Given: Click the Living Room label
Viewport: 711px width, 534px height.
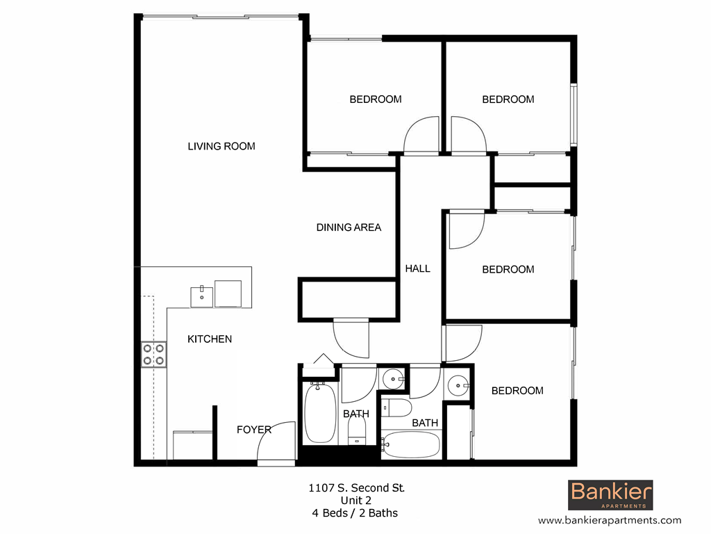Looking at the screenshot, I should [221, 146].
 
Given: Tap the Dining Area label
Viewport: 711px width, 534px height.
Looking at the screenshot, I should [349, 227].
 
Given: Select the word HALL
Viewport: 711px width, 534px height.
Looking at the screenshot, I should [418, 268].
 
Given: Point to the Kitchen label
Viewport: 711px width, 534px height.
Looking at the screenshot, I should [210, 339].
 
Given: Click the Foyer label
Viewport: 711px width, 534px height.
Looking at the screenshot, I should [253, 430].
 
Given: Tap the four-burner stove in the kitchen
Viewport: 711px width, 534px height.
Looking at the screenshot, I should [153, 354].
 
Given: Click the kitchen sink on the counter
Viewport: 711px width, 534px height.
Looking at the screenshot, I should [202, 294].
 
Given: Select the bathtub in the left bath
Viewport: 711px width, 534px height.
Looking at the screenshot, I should [320, 414].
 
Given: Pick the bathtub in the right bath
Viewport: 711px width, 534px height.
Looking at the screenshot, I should [410, 444].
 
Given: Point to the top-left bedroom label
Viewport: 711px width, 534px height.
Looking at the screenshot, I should [375, 99].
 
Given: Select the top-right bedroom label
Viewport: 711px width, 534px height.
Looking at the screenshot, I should [508, 99].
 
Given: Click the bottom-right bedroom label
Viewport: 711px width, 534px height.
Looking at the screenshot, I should [517, 391].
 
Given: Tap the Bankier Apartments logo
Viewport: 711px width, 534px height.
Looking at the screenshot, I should [611, 495].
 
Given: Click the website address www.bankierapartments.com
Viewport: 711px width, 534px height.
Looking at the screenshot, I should [610, 520].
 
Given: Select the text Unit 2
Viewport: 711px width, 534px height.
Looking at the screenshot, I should [355, 501].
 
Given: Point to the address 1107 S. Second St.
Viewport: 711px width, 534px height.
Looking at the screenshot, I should [355, 488].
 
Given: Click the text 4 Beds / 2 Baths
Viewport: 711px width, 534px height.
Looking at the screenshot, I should [355, 513].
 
